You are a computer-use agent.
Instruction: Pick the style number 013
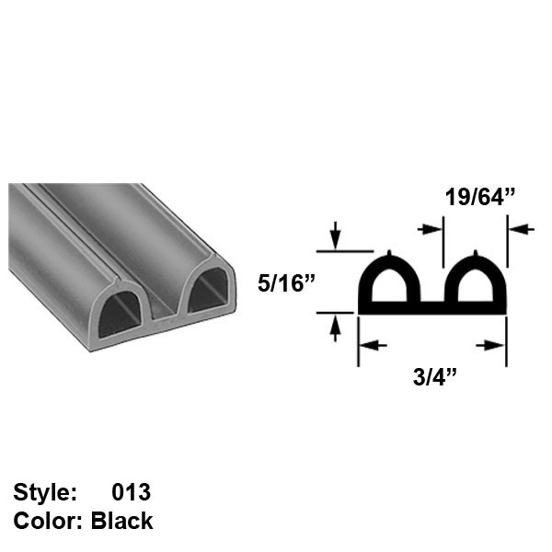131,492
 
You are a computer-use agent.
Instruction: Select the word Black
122,521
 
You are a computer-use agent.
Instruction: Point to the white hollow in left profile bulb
390,285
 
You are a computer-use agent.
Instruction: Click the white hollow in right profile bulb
475,285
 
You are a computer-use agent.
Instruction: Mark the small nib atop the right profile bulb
475,253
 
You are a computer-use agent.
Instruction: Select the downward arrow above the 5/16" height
336,237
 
